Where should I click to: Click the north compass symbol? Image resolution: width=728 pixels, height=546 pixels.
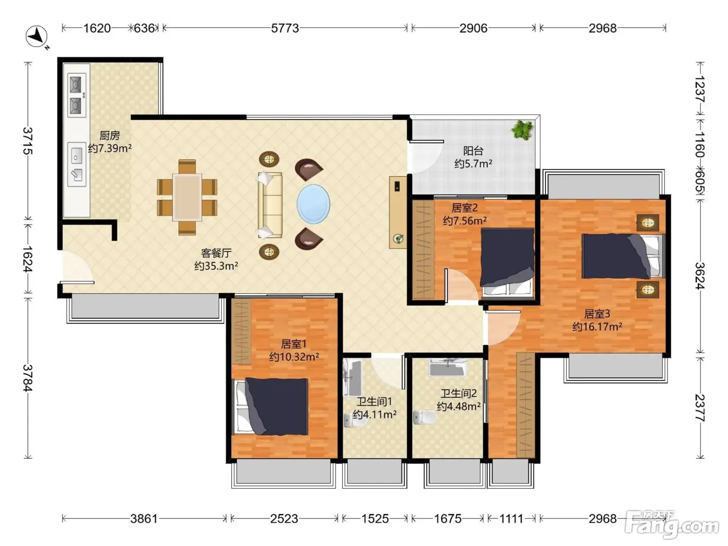pyautogui.click(x=37, y=36)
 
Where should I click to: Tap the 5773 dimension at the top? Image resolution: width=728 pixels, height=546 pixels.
pyautogui.click(x=285, y=28)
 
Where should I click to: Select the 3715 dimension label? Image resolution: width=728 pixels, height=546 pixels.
pyautogui.click(x=28, y=140)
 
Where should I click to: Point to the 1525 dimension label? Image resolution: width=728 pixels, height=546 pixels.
pyautogui.click(x=375, y=518)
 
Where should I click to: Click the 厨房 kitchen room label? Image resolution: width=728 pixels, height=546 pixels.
pyautogui.click(x=109, y=135)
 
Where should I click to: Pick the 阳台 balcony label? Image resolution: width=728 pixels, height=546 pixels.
pyautogui.click(x=473, y=151)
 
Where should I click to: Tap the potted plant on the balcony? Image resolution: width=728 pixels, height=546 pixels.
pyautogui.click(x=523, y=129)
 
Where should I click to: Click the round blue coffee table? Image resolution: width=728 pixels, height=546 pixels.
pyautogui.click(x=313, y=204)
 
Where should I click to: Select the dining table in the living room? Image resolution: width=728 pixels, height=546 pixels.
pyautogui.click(x=187, y=197)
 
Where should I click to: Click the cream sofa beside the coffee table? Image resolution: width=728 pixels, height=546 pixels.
pyautogui.click(x=270, y=204)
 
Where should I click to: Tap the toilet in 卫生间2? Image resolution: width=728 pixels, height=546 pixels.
pyautogui.click(x=425, y=417)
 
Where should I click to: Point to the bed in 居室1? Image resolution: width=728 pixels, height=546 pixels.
pyautogui.click(x=271, y=407)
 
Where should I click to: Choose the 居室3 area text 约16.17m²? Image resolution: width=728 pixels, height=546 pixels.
pyautogui.click(x=597, y=327)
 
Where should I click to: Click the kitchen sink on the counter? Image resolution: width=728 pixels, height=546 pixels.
pyautogui.click(x=76, y=165)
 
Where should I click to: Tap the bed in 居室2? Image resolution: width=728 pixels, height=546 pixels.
pyautogui.click(x=507, y=262)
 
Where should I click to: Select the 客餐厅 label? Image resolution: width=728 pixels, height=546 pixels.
pyautogui.click(x=216, y=253)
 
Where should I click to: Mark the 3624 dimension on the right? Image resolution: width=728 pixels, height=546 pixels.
pyautogui.click(x=700, y=276)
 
